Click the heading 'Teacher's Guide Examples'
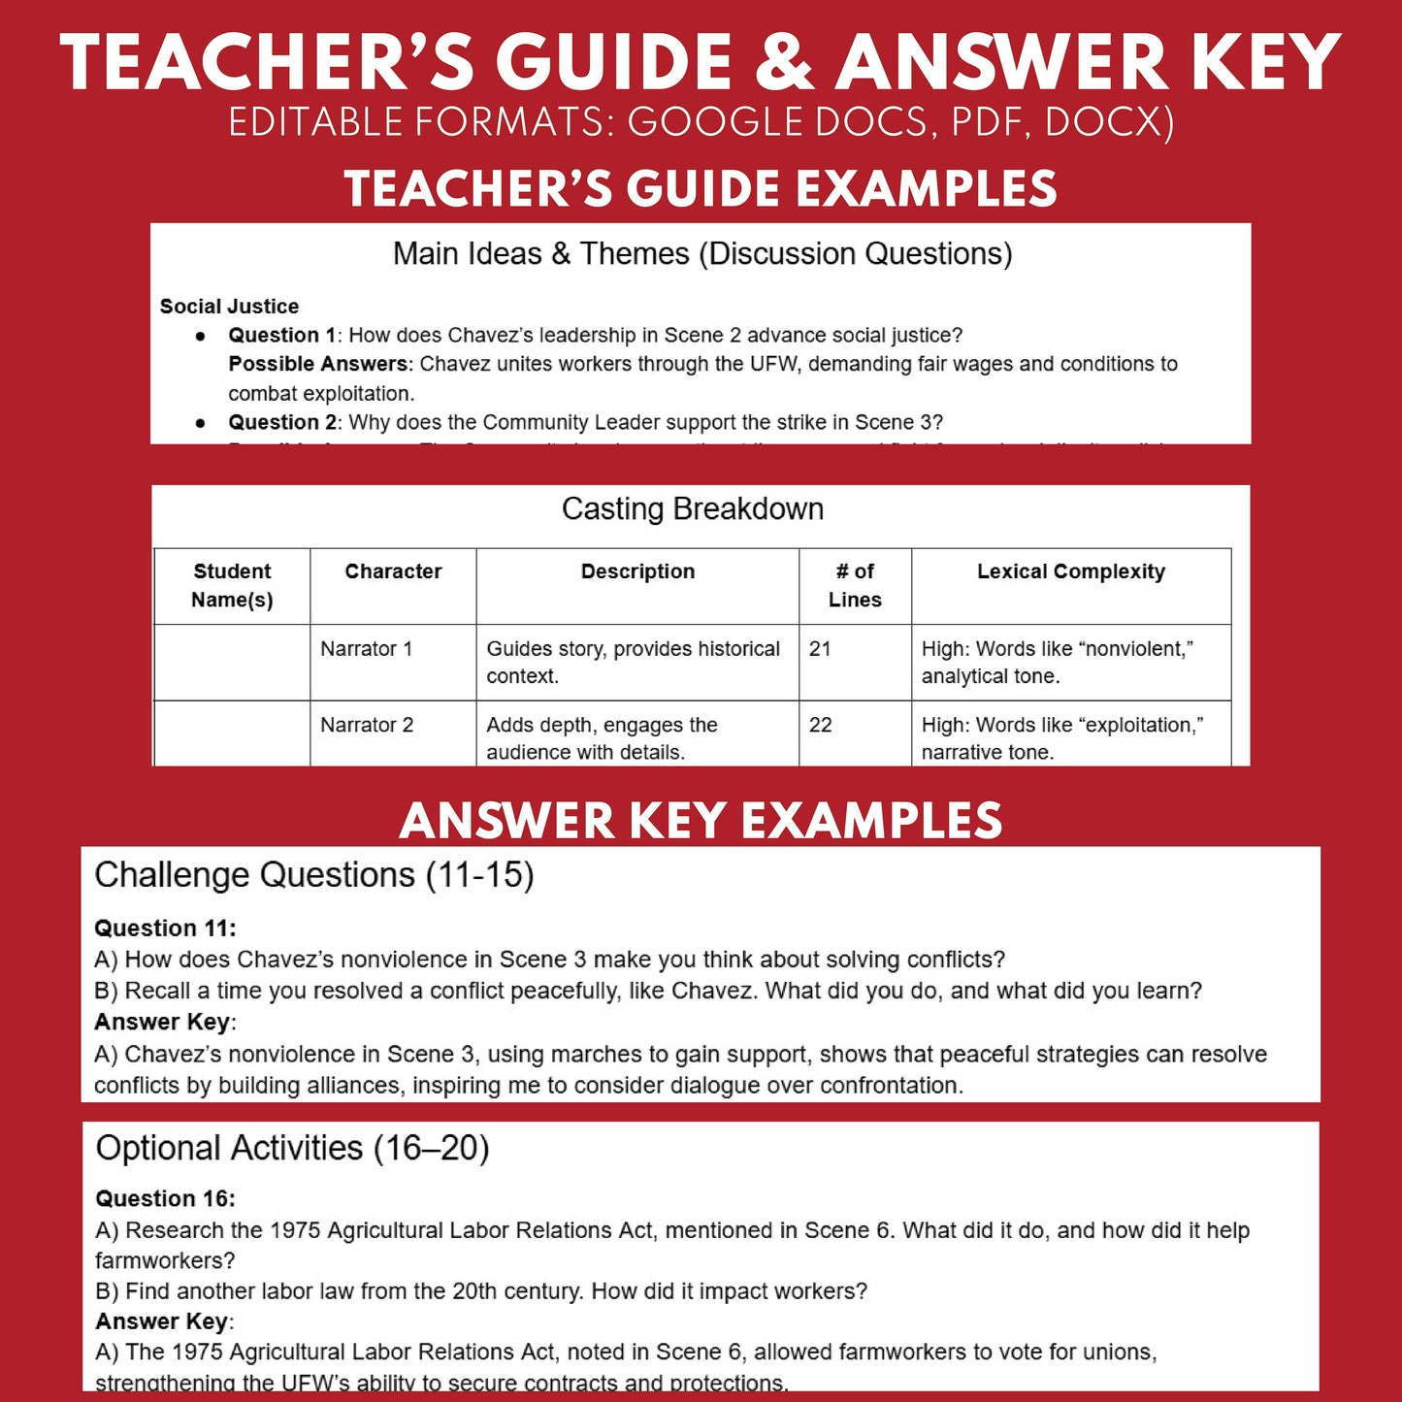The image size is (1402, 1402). (x=701, y=188)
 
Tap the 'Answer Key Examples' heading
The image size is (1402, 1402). (x=701, y=821)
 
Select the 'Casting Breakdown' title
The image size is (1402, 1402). (x=693, y=509)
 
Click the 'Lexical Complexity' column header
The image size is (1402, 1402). (x=1070, y=571)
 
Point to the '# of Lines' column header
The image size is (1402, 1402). (x=855, y=585)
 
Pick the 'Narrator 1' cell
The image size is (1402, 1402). (x=367, y=649)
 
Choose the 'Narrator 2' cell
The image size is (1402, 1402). (x=367, y=725)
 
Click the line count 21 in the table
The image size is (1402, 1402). (x=820, y=649)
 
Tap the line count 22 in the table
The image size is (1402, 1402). (x=820, y=725)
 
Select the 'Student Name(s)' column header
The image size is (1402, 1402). (x=232, y=585)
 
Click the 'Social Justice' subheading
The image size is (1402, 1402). (x=229, y=307)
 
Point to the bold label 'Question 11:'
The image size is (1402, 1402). (x=165, y=929)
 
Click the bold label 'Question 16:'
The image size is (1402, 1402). (x=165, y=1199)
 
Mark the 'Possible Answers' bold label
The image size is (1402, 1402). (x=317, y=364)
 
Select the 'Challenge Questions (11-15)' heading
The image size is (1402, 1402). (x=314, y=875)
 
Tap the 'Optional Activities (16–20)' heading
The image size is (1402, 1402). (x=292, y=1149)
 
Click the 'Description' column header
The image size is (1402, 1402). (x=637, y=571)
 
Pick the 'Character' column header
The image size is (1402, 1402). (x=393, y=571)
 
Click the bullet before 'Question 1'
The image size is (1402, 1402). (x=201, y=336)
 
